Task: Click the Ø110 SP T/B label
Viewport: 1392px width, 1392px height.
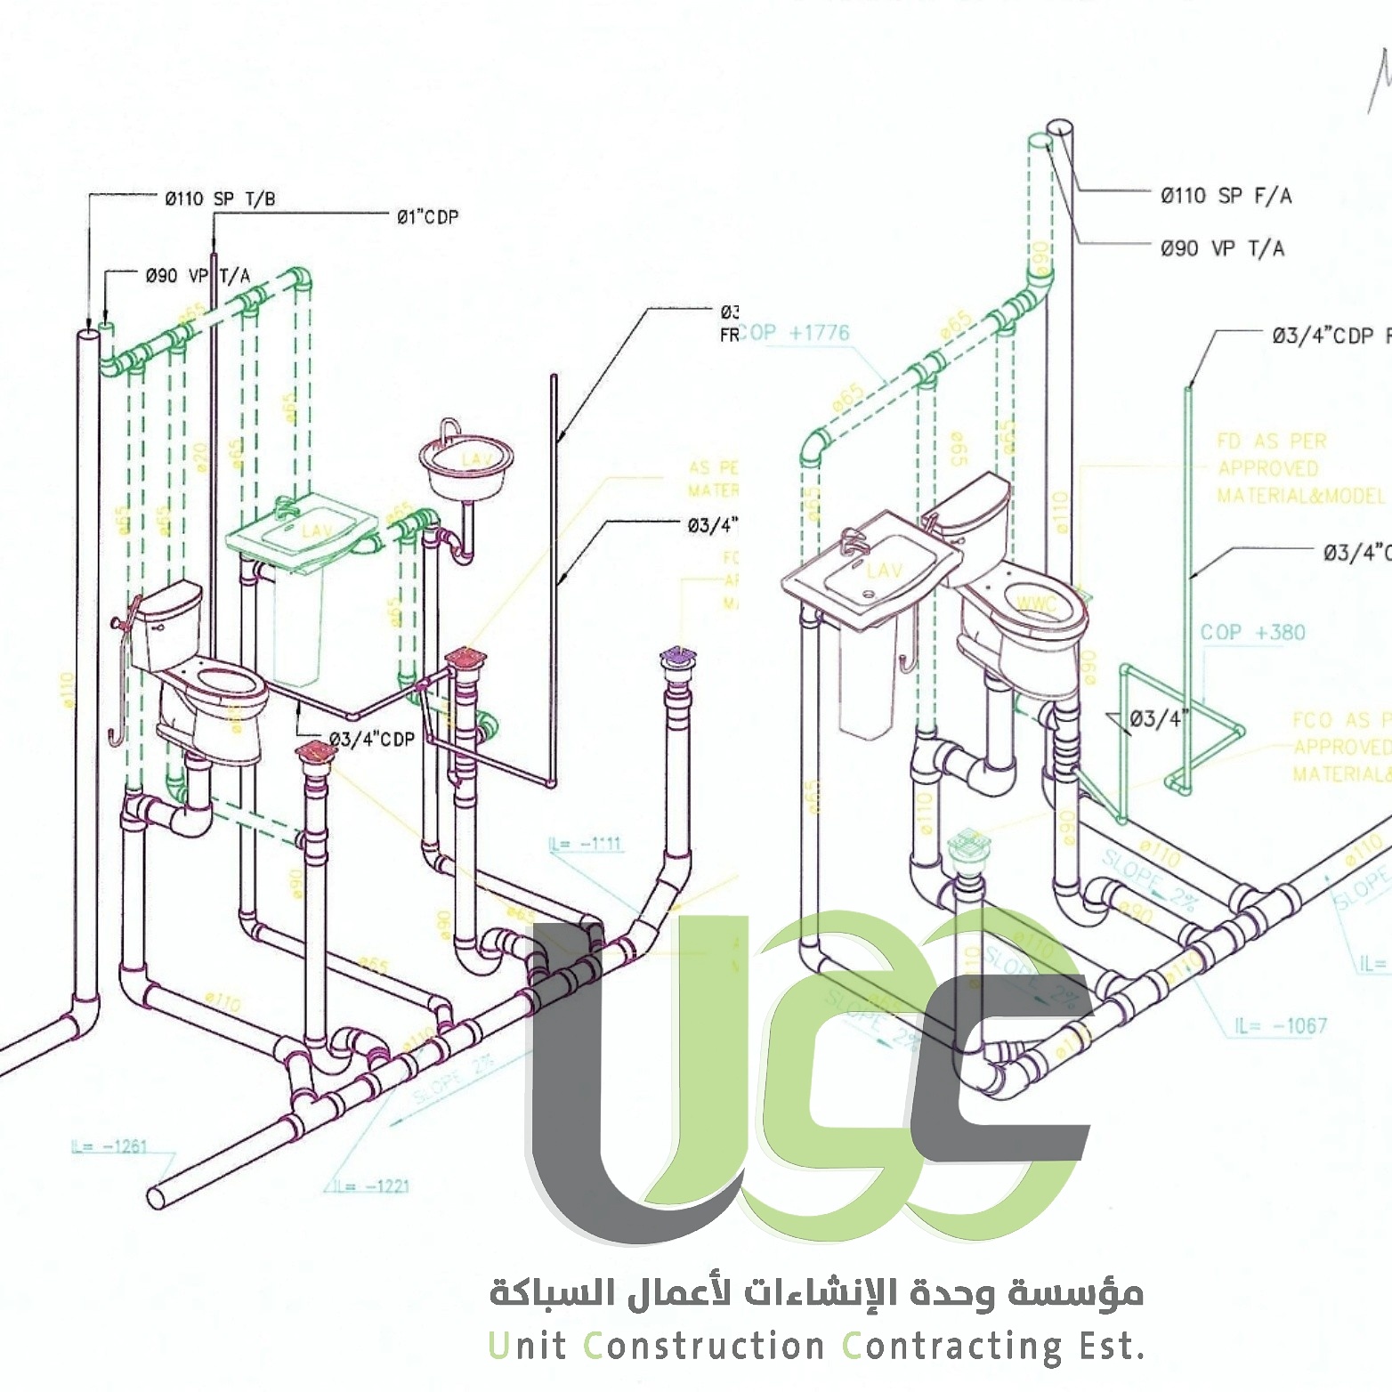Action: tap(220, 198)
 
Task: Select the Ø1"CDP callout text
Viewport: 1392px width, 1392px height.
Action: tap(427, 216)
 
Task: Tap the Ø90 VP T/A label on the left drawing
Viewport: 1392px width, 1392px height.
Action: tap(198, 276)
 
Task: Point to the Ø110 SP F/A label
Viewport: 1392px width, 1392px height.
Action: tap(1226, 196)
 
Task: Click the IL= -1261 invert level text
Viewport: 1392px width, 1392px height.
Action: tap(109, 1146)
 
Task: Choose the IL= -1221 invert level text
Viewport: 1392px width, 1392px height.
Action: tap(372, 1186)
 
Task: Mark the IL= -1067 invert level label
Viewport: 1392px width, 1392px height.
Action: tap(1280, 1026)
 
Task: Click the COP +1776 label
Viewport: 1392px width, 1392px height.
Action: tap(797, 333)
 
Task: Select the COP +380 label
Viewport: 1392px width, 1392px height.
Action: tap(1252, 633)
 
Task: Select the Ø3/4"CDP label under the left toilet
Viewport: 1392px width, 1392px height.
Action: tap(372, 739)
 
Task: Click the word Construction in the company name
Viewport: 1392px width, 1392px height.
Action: tap(704, 1346)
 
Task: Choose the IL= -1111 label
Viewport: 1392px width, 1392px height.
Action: tap(587, 843)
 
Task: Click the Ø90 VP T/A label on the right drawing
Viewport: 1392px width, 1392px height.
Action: tap(1222, 248)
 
